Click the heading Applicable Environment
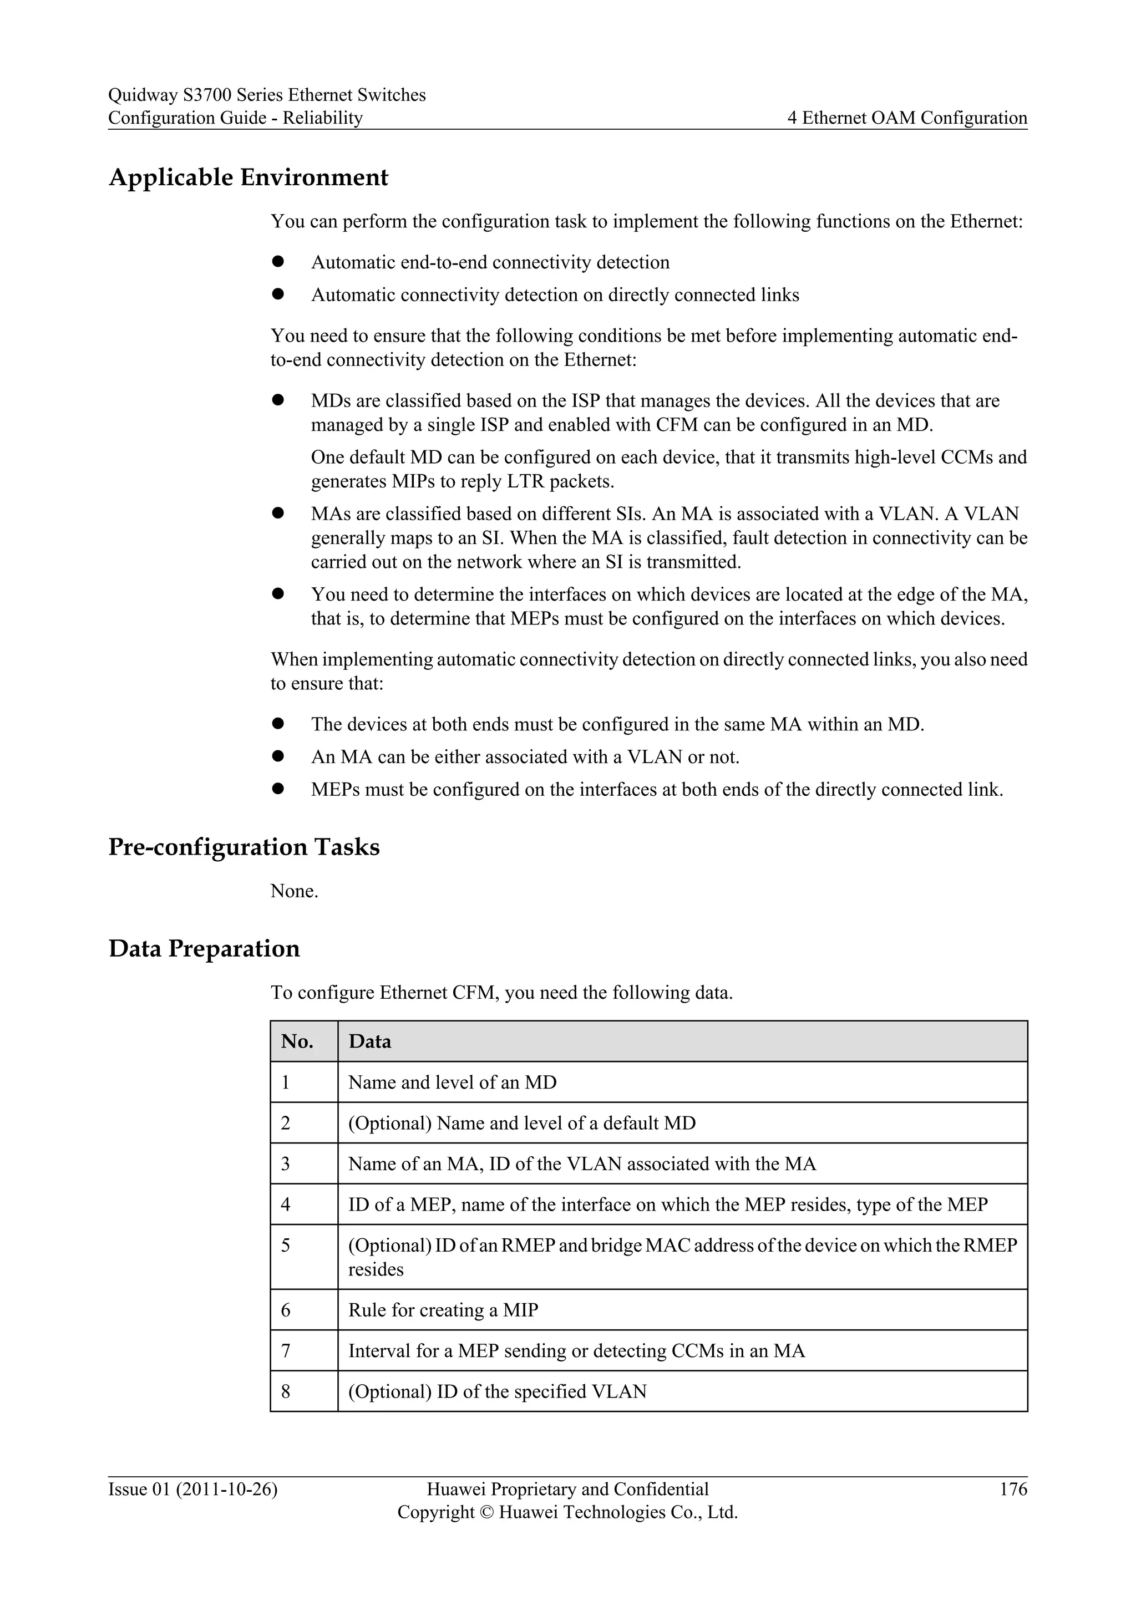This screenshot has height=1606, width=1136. pyautogui.click(x=248, y=177)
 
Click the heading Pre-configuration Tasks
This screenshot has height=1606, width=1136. pyautogui.click(x=244, y=847)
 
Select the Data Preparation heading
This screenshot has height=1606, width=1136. pyautogui.click(x=204, y=948)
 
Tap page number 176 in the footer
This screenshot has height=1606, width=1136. pyautogui.click(x=1013, y=1489)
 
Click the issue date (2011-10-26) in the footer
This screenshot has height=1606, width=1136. pyautogui.click(x=227, y=1489)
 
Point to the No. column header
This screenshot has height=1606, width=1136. pyautogui.click(x=297, y=1041)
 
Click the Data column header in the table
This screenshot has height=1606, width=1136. pyautogui.click(x=370, y=1041)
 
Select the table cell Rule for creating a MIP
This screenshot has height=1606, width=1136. pyautogui.click(x=444, y=1310)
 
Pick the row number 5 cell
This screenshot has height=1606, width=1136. pyautogui.click(x=286, y=1246)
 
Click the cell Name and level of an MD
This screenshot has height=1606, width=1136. pyautogui.click(x=453, y=1083)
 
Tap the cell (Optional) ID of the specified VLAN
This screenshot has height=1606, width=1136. pyautogui.click(x=498, y=1391)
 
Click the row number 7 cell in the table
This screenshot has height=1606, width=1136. pyautogui.click(x=286, y=1351)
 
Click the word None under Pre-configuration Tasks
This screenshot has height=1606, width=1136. pyautogui.click(x=294, y=891)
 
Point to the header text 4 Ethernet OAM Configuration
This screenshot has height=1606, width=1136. pyautogui.click(x=907, y=118)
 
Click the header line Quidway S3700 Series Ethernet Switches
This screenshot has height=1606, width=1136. pyautogui.click(x=266, y=95)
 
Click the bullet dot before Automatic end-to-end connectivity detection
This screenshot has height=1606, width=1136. pyautogui.click(x=278, y=262)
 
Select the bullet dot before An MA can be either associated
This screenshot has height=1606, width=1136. pyautogui.click(x=278, y=756)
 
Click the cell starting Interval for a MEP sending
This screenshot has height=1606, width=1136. pyautogui.click(x=576, y=1351)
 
